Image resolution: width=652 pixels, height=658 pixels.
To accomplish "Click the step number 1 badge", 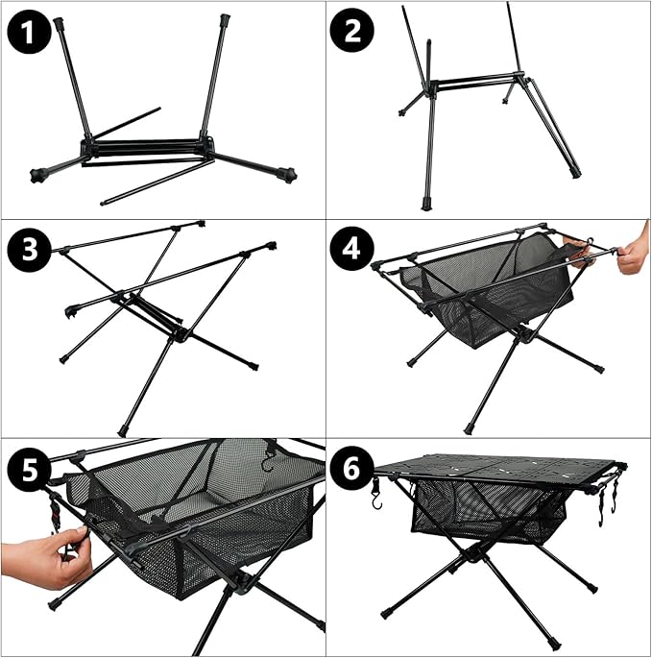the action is (x=29, y=33).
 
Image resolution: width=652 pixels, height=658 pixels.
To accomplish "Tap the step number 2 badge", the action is (x=352, y=30).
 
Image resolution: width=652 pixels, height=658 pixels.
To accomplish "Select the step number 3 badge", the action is (x=29, y=249).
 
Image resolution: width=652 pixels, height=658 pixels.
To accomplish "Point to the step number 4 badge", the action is (x=352, y=249).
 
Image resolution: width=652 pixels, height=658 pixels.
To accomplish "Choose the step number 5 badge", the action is (x=29, y=469).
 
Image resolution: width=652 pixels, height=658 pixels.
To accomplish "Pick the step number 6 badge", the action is (x=352, y=469).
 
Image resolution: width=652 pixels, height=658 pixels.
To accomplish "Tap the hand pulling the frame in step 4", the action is (x=635, y=252).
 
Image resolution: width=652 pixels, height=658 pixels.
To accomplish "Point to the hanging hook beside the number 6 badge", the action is (x=376, y=495).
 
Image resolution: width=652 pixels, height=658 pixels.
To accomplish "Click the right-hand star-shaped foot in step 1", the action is (x=289, y=173).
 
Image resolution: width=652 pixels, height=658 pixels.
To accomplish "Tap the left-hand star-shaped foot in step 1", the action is (x=38, y=175).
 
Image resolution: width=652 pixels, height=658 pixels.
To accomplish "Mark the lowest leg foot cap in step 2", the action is (x=425, y=206).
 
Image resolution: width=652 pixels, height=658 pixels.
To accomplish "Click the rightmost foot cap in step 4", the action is (x=600, y=369).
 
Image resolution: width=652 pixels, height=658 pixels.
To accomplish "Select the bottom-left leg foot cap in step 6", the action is (x=385, y=614).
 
